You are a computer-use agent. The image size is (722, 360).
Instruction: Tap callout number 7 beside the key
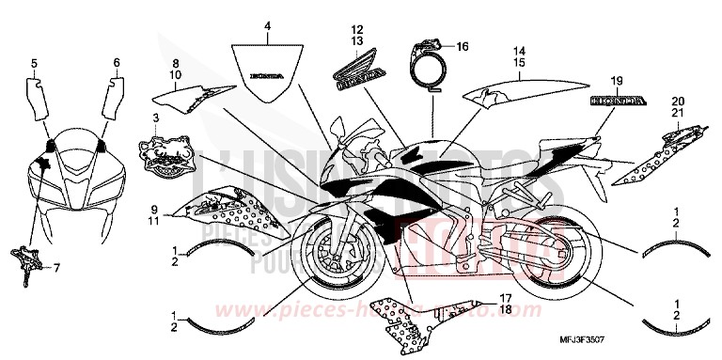point(55,267)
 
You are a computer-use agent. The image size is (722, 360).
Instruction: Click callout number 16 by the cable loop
point(462,46)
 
